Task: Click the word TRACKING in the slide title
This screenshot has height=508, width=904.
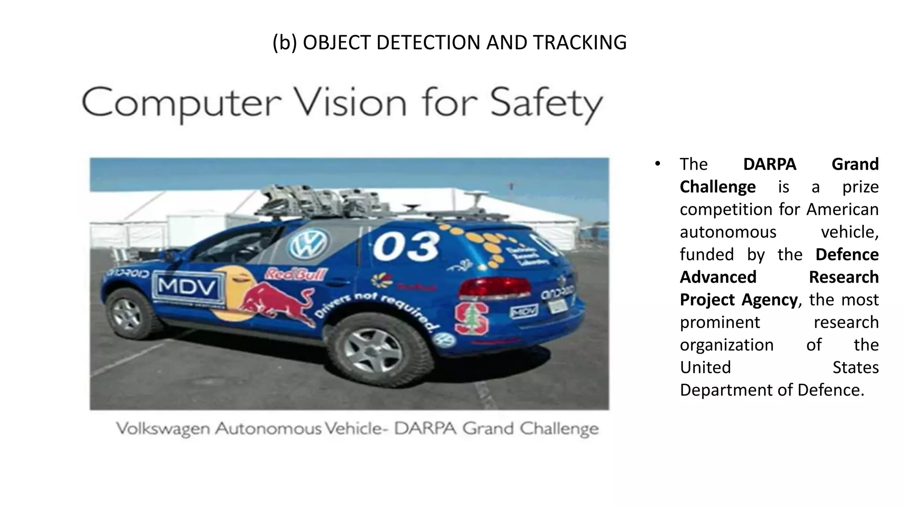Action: tap(580, 43)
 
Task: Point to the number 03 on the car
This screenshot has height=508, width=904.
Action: tap(406, 247)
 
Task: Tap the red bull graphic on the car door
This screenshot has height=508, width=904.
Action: tap(276, 302)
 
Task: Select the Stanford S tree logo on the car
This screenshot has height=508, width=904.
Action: tap(471, 317)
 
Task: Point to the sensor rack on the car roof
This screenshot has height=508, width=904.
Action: tap(309, 201)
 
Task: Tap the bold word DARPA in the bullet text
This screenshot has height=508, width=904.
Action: tap(769, 164)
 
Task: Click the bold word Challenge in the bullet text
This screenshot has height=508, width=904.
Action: tap(717, 187)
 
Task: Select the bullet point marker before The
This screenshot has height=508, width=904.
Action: tap(657, 164)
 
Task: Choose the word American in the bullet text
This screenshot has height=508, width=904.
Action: tap(842, 209)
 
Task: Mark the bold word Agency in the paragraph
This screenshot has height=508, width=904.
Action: tap(769, 300)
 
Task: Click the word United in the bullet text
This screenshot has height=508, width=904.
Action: tap(705, 367)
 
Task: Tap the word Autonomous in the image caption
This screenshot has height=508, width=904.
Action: tap(268, 429)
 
